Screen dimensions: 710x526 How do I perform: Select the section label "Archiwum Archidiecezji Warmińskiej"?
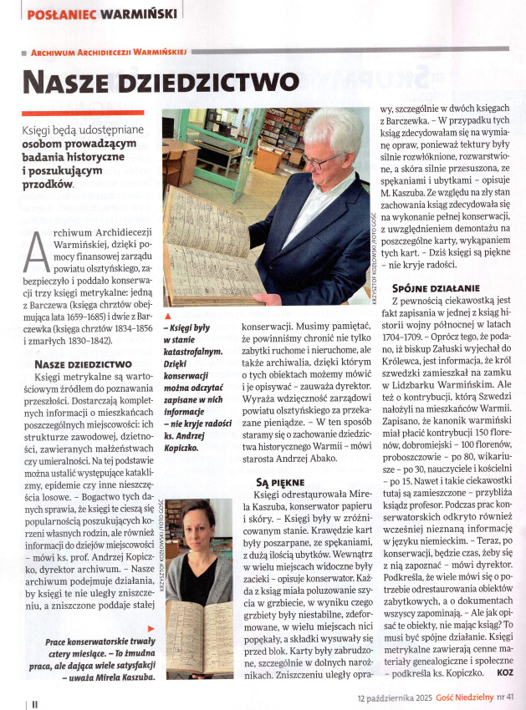109,52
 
